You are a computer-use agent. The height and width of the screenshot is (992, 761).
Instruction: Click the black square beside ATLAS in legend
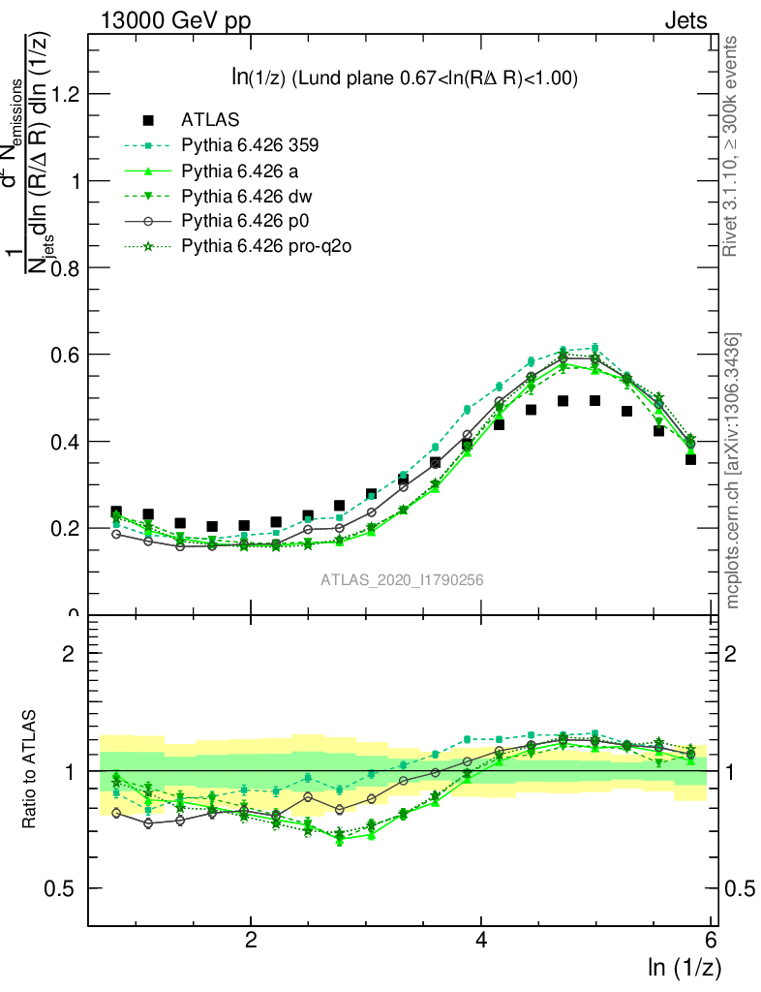148,121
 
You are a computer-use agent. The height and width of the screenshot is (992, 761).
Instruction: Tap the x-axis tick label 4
481,941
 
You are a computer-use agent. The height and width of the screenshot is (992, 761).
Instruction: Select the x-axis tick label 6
711,941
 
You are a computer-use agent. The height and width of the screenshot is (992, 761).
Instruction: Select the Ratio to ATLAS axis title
30,770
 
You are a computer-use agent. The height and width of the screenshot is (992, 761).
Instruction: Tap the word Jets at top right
685,20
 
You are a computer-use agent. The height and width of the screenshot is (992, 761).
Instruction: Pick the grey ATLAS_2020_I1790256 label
403,580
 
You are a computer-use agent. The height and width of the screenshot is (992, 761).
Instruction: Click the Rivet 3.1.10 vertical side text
732,145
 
